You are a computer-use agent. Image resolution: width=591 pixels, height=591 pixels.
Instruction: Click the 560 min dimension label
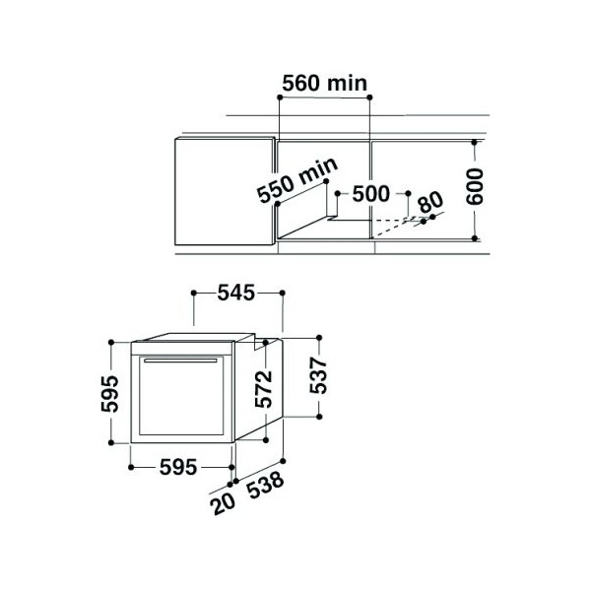(324, 84)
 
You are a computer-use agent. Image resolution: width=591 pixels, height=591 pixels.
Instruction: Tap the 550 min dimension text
(297, 180)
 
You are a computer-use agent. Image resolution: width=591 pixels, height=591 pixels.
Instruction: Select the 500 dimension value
(370, 194)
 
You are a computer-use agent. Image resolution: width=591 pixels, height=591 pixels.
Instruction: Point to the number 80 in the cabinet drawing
(431, 202)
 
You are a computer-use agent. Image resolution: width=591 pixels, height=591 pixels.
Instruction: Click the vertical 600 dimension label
(474, 186)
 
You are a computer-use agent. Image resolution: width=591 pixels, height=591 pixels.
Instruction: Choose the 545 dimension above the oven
(236, 293)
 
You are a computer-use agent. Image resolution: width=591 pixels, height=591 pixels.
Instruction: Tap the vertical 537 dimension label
(318, 376)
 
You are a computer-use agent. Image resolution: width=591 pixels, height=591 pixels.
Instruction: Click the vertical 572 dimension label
(263, 389)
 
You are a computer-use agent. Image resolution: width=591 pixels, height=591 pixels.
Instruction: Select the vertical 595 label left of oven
(109, 393)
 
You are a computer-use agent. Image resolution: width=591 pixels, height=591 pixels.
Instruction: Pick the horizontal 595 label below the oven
(178, 467)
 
